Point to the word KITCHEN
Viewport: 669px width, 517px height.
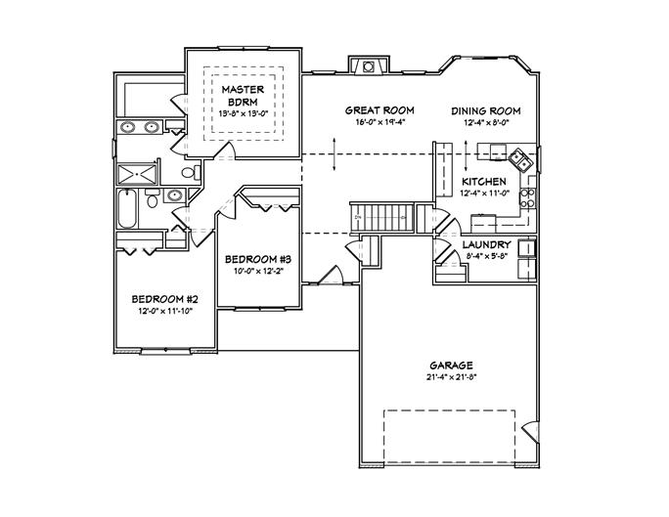point(483,182)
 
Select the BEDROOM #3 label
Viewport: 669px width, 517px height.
point(259,259)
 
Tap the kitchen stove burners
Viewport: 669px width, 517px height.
point(529,199)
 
